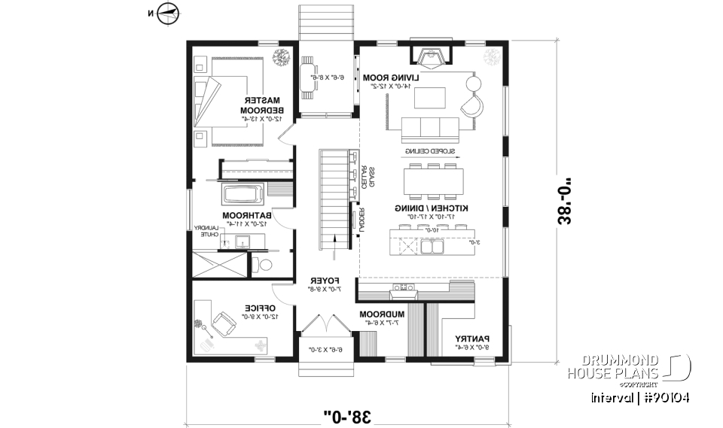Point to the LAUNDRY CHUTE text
(207, 231)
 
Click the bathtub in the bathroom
(241, 196)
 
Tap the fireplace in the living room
(431, 56)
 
